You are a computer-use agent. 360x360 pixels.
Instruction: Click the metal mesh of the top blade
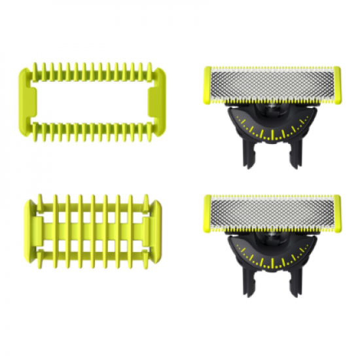pyautogui.click(x=272, y=84)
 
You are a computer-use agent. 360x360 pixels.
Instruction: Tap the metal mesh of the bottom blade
pyautogui.click(x=272, y=213)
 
